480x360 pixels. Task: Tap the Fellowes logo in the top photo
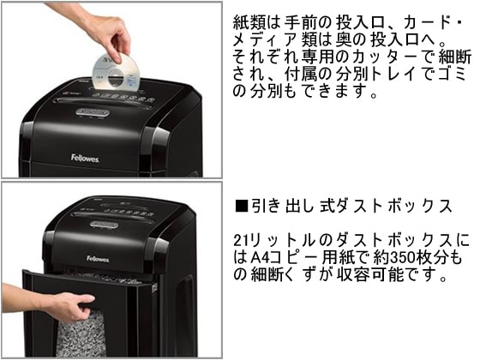pos(85,158)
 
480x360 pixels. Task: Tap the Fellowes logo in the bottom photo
pos(98,259)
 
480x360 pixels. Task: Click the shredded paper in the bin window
pos(81,333)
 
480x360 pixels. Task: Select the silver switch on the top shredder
pos(93,112)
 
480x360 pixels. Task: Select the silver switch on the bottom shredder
pos(105,225)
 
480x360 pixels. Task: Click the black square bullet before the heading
pos(242,206)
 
